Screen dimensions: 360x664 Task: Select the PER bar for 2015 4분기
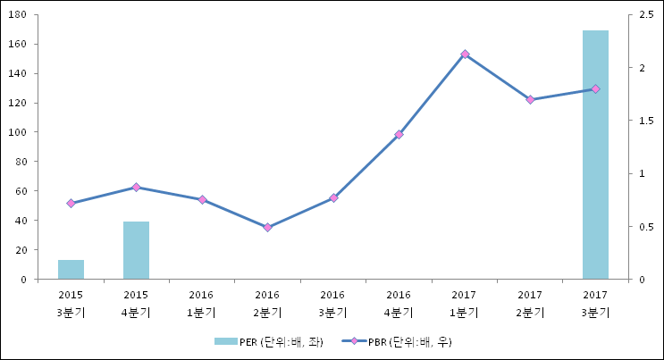pyautogui.click(x=136, y=250)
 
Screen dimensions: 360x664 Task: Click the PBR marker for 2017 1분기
pyautogui.click(x=465, y=54)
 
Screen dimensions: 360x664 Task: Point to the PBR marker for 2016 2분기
pyautogui.click(x=267, y=228)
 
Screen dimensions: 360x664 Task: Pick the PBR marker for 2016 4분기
pyautogui.click(x=399, y=135)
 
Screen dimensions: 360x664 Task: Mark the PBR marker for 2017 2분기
pyautogui.click(x=530, y=100)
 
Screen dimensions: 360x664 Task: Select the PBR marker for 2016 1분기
pyautogui.click(x=202, y=200)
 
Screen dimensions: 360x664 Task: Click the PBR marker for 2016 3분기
pyautogui.click(x=333, y=198)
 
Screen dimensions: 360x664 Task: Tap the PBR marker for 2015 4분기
pyautogui.click(x=136, y=188)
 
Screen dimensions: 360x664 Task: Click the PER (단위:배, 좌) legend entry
pyautogui.click(x=269, y=341)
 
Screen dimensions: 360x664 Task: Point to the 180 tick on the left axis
pyautogui.click(x=21, y=15)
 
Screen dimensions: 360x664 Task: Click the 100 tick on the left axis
pyautogui.click(x=21, y=132)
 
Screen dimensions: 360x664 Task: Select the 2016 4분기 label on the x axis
pyautogui.click(x=399, y=303)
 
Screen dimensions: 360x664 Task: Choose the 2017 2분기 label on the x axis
pyautogui.click(x=530, y=303)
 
